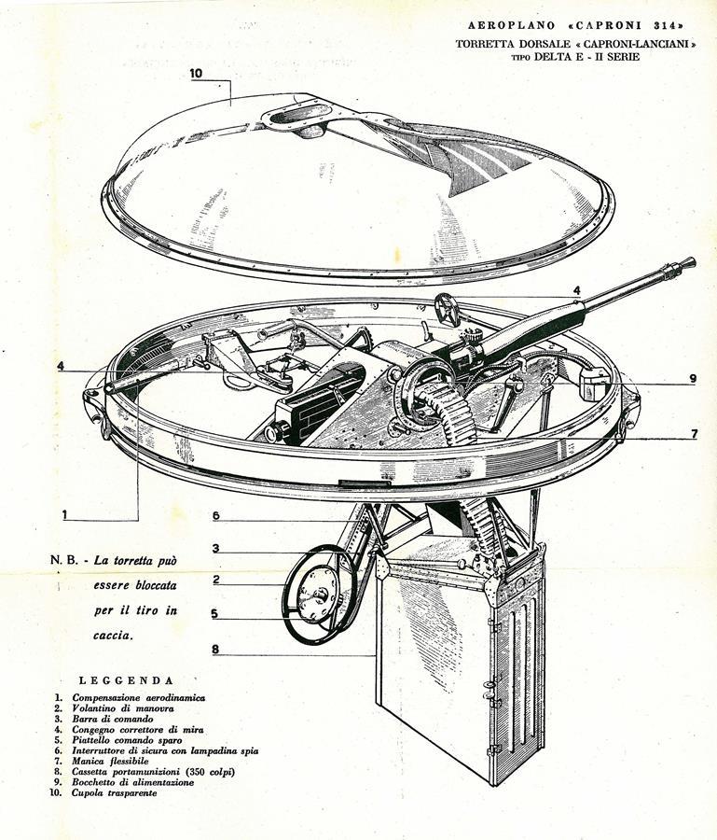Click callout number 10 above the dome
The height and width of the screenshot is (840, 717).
pos(197,73)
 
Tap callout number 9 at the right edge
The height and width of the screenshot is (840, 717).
pos(693,378)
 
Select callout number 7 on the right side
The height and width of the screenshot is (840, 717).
pos(695,433)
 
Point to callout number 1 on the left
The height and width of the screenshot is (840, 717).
pos(64,515)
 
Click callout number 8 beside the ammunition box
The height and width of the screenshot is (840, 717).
pos(215,650)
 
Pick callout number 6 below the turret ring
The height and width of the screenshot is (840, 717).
pos(215,515)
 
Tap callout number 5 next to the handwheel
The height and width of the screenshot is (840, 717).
pos(214,613)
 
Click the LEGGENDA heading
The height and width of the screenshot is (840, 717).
pos(126,681)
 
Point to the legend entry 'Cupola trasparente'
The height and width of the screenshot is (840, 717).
pos(115,792)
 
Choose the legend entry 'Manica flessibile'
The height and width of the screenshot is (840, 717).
pos(110,761)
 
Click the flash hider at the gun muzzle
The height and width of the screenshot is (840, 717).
pos(686,263)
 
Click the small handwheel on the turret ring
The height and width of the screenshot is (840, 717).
pos(448,309)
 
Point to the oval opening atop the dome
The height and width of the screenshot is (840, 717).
pos(295,114)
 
